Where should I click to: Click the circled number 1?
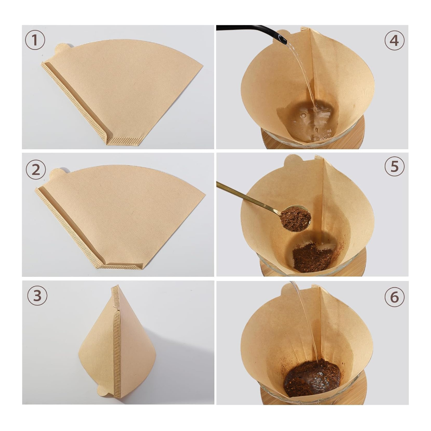click(x=35, y=40)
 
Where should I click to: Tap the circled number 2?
click(x=36, y=170)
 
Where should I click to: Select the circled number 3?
click(x=37, y=295)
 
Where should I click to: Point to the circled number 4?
click(x=394, y=40)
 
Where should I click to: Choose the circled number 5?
click(x=394, y=166)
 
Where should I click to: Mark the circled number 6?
click(x=394, y=297)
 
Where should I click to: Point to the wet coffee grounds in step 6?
click(x=312, y=378)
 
